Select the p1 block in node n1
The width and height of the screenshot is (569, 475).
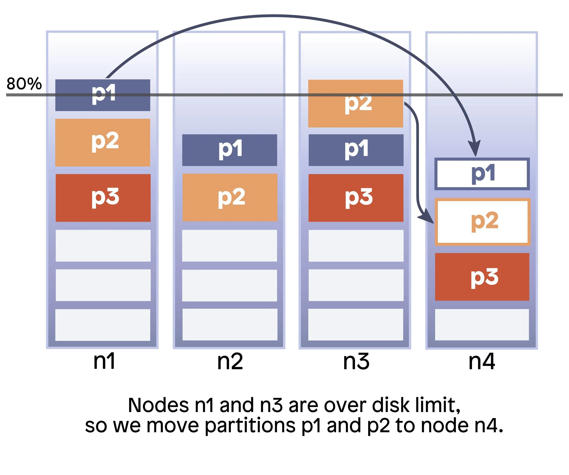pyautogui.click(x=103, y=95)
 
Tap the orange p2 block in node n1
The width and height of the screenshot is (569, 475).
pyautogui.click(x=103, y=142)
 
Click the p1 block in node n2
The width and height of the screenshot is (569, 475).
pyautogui.click(x=230, y=150)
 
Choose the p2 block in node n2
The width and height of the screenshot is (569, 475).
pyautogui.click(x=230, y=197)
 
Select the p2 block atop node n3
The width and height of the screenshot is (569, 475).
pyautogui.click(x=355, y=103)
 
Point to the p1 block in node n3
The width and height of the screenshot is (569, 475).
pyautogui.click(x=356, y=150)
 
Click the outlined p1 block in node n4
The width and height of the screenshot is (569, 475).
pyautogui.click(x=482, y=174)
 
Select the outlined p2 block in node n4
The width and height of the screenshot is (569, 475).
pyautogui.click(x=482, y=222)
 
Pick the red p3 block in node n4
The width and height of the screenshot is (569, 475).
pyautogui.click(x=482, y=277)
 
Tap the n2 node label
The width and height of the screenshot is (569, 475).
pyautogui.click(x=230, y=361)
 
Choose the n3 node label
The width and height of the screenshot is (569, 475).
pyautogui.click(x=356, y=361)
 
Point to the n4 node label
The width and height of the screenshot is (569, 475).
pyautogui.click(x=482, y=361)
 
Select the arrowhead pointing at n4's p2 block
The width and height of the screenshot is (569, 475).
pyautogui.click(x=428, y=218)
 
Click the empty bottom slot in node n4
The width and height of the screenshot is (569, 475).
pyautogui.click(x=482, y=324)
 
